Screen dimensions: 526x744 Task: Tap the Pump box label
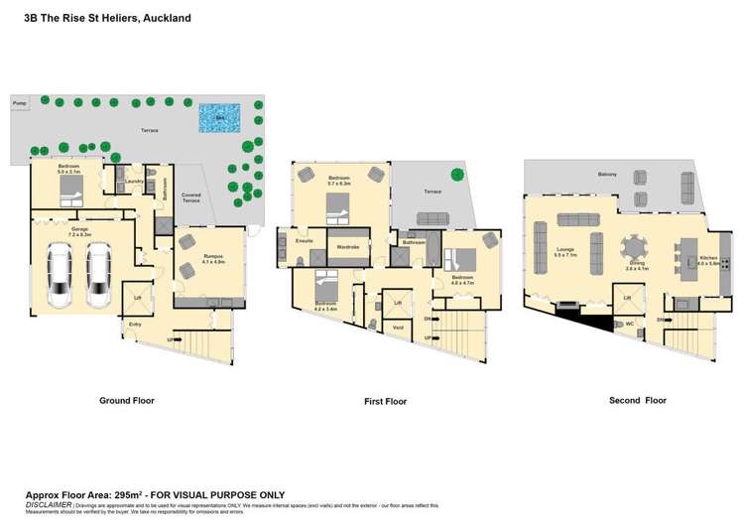click(x=19, y=102)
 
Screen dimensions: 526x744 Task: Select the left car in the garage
click(x=61, y=277)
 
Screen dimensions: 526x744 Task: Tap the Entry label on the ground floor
click(x=135, y=324)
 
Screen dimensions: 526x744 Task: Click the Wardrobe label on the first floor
click(x=347, y=246)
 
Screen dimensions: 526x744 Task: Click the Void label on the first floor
click(x=399, y=327)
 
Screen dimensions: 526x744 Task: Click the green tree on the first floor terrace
click(x=457, y=176)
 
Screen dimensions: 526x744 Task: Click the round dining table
click(x=635, y=247)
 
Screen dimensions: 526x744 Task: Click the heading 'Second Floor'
click(x=638, y=400)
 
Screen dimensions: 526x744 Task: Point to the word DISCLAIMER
click(x=49, y=504)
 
